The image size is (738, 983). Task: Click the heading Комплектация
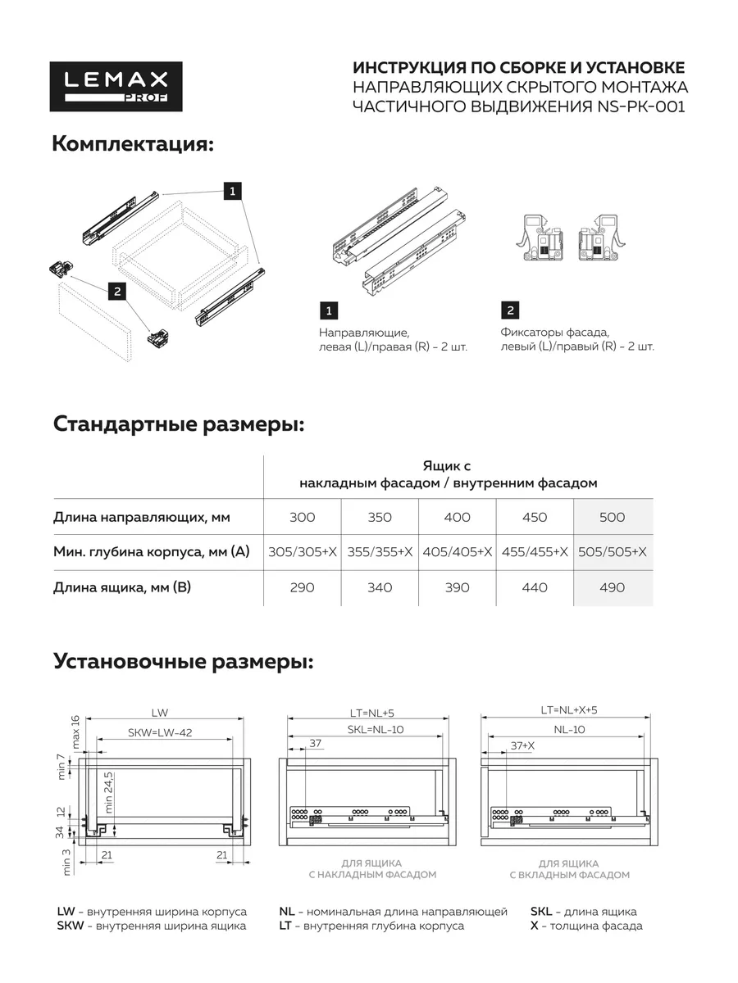coord(133,144)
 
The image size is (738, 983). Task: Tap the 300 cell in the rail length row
coord(303,517)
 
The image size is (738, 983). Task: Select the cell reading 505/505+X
coord(613,552)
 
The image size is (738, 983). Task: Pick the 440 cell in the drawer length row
coord(535,587)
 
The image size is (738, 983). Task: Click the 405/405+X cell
coord(458,552)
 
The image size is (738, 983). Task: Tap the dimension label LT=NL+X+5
coord(574,710)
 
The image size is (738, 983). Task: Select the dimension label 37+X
coord(523,745)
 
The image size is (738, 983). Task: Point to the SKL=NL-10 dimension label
coord(376,730)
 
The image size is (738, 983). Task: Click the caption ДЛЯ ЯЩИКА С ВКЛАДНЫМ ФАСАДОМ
coord(569,869)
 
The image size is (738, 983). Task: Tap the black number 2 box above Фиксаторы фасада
coord(510,310)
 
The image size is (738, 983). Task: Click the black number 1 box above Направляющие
coord(329,310)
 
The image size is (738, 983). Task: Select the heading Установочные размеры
coord(183,661)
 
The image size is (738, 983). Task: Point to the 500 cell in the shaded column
coord(613,517)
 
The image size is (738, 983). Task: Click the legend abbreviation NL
coord(287,912)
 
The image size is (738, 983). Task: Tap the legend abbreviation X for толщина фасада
coord(535,926)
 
